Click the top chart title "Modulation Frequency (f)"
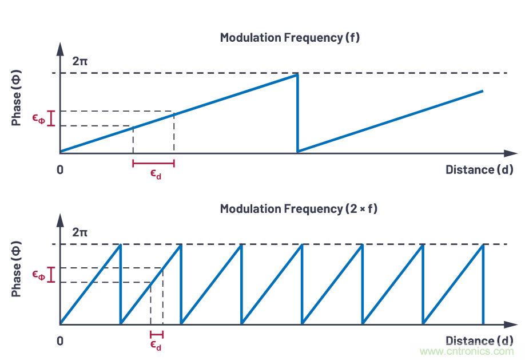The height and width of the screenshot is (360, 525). coord(290,38)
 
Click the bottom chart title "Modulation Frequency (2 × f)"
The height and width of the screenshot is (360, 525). coord(299,209)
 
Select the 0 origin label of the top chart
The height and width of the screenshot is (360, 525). coord(60,170)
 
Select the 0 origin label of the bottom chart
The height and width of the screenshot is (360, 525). coord(60,341)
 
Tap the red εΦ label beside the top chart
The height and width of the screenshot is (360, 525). coord(38,118)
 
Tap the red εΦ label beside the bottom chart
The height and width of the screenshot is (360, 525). coord(38,275)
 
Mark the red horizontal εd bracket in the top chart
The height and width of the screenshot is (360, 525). coord(153,163)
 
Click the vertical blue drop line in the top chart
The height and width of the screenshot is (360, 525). coord(297,113)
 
